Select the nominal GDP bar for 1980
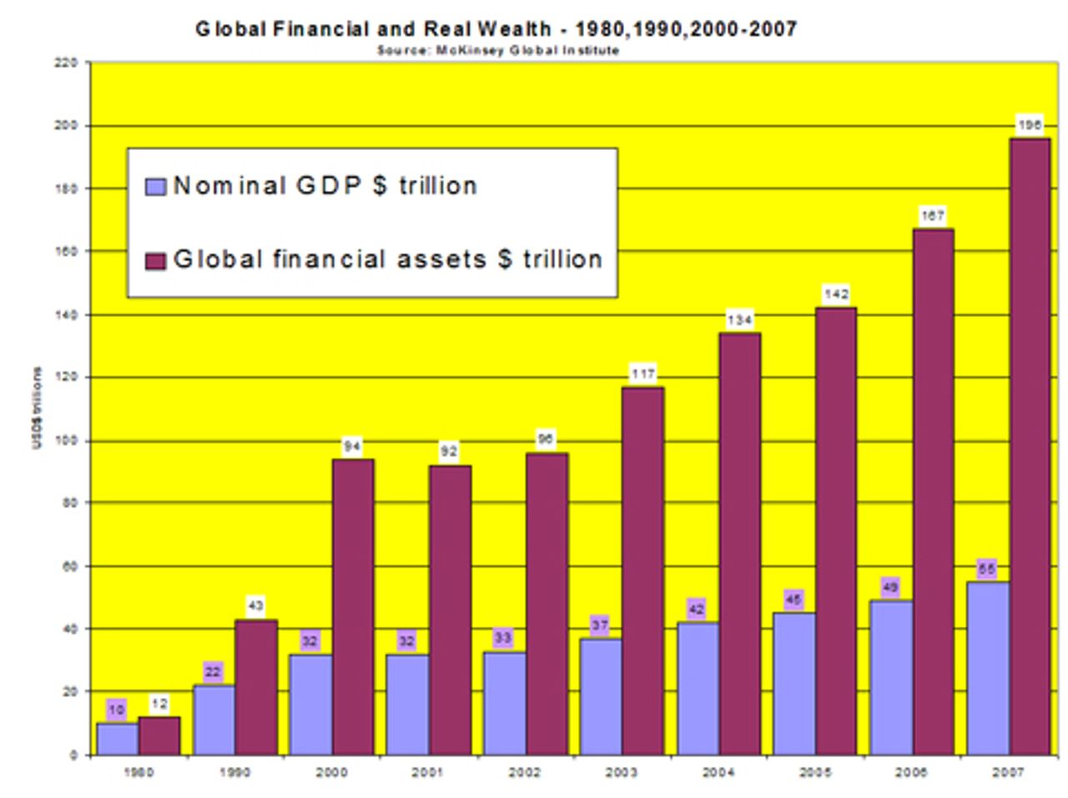pos(118,739)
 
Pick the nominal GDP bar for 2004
pos(698,688)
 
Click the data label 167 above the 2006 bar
pos(932,216)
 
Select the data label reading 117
pos(643,374)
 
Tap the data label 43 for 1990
pos(255,605)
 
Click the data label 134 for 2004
pos(740,319)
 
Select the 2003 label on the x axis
pos(622,773)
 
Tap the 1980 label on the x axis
pos(139,773)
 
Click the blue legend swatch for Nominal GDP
pos(156,186)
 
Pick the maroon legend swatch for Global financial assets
pos(156,261)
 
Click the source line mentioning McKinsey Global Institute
pos(498,51)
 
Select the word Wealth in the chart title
pos(514,29)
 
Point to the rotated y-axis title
pos(38,409)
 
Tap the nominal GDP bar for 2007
pos(988,668)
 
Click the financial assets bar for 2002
pos(547,604)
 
